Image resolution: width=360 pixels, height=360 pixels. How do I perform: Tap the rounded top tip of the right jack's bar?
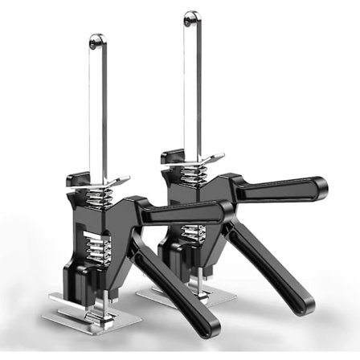click(x=190, y=17)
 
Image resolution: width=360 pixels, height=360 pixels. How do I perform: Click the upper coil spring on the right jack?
click(x=192, y=171)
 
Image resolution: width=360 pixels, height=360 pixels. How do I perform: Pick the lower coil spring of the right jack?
click(x=191, y=233)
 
